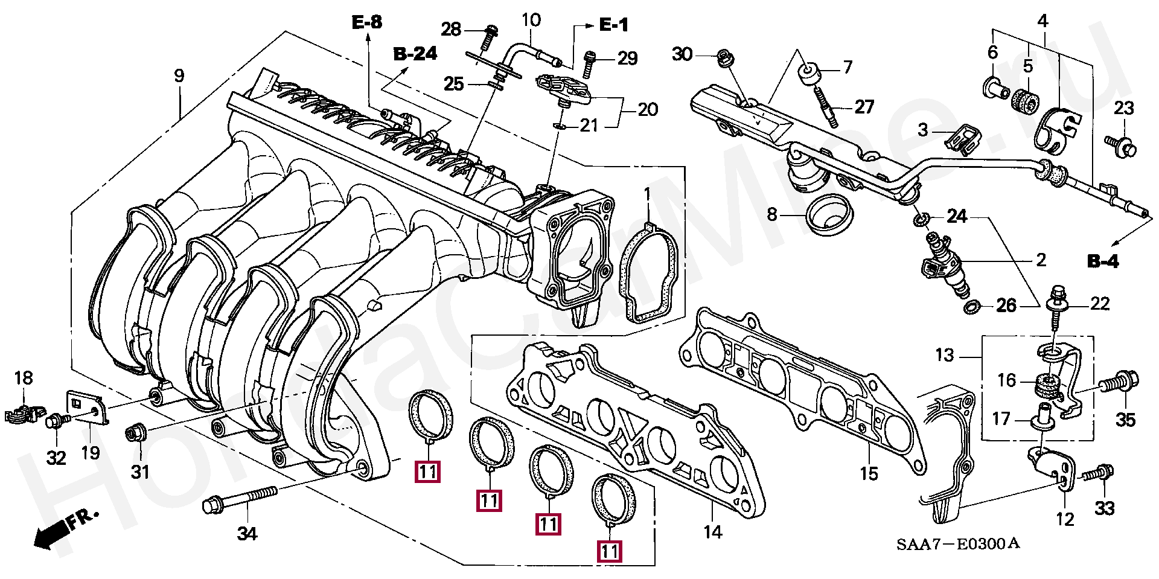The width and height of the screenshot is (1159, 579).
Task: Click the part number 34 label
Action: [x=247, y=534]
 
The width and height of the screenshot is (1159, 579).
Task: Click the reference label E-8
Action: [x=367, y=23]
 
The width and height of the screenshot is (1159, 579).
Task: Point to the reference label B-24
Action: [x=415, y=54]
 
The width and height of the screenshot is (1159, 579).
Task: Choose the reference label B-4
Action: [x=1103, y=261]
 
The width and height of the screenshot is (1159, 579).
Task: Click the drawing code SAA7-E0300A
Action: [x=957, y=544]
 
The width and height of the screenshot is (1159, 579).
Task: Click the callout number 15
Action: [x=869, y=474]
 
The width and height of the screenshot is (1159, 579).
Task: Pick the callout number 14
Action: [x=712, y=533]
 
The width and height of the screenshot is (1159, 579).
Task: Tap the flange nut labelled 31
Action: [x=133, y=433]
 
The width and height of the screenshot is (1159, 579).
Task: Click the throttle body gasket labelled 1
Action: [x=649, y=275]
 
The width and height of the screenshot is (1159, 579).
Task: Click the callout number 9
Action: [x=179, y=76]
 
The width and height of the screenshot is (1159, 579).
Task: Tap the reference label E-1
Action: [x=613, y=25]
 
